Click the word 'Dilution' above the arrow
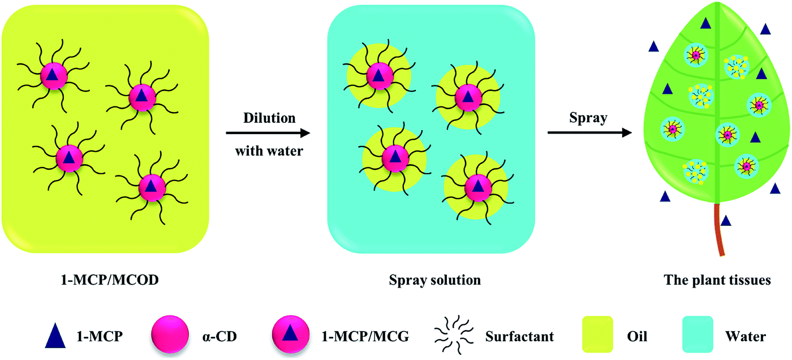click(269, 118)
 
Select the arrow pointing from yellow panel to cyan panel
click(268, 134)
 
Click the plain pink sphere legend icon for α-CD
click(168, 336)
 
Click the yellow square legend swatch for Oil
click(596, 336)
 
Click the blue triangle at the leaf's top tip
click(705, 23)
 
